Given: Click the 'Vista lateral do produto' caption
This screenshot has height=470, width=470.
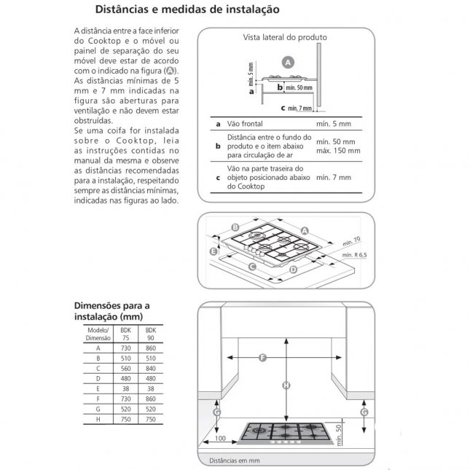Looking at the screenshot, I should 284,36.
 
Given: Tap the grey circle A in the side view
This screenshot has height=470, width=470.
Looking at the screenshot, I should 288,63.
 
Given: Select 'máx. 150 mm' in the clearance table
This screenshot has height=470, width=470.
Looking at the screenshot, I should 338,150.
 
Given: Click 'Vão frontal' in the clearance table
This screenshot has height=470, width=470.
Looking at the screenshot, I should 245,125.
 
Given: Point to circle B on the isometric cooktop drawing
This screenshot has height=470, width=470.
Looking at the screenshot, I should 235,227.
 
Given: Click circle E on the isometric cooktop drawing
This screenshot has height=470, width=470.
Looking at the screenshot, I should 213,251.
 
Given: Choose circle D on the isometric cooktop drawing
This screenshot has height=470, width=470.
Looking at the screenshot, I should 293,269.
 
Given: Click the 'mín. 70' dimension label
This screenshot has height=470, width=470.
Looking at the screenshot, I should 353,238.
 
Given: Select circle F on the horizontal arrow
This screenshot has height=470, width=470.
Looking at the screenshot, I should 263,357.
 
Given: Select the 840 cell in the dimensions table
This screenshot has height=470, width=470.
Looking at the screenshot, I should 152,369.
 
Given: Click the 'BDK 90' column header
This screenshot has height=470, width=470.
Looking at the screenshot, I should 152,334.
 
